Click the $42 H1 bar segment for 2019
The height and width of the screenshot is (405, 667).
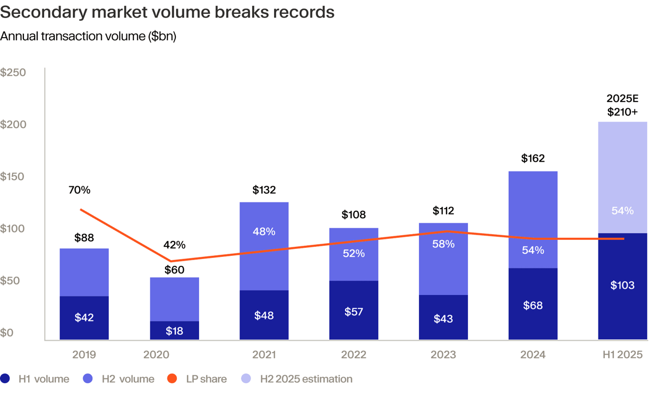(x=84, y=317)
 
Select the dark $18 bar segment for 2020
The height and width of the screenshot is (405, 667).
(x=174, y=330)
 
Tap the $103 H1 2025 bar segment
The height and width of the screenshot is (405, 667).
(x=622, y=286)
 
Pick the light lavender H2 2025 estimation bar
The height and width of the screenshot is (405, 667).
(x=622, y=177)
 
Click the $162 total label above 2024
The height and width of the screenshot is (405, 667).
(x=533, y=158)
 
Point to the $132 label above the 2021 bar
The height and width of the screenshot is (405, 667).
(x=264, y=189)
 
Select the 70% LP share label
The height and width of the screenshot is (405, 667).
(x=80, y=189)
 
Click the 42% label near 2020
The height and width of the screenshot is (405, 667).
(x=174, y=245)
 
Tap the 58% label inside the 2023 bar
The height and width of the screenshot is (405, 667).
(x=443, y=244)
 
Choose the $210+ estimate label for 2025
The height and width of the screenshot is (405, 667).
(x=622, y=111)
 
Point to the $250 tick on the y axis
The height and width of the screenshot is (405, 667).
(x=13, y=72)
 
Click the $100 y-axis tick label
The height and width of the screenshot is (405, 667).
(x=13, y=229)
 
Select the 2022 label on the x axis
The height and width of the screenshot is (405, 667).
(x=353, y=355)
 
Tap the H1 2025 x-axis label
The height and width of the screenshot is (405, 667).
(x=622, y=355)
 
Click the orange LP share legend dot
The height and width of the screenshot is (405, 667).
(x=172, y=378)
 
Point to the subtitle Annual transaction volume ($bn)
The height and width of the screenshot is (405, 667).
(x=88, y=37)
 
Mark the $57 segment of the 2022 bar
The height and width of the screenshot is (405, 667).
(x=353, y=312)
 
